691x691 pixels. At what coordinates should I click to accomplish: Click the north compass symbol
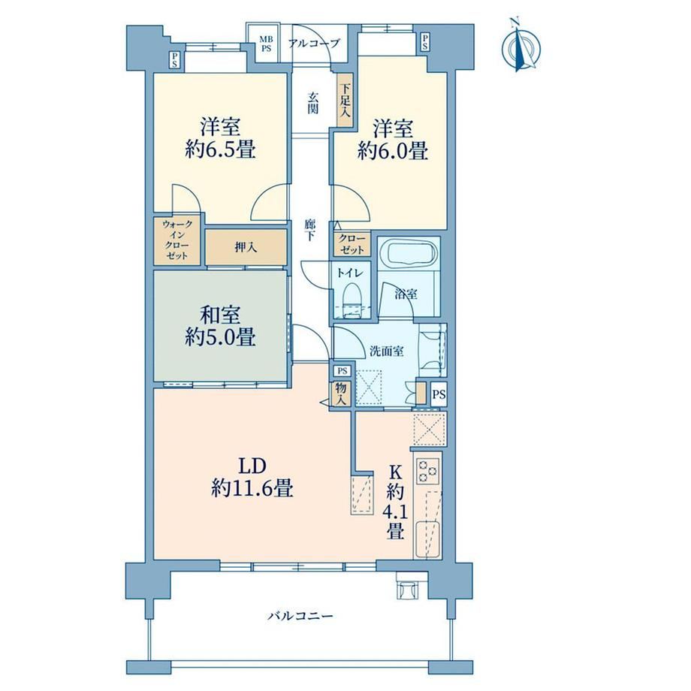(521, 45)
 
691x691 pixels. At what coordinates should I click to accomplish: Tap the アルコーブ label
(314, 44)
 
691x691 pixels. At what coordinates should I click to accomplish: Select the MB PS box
(266, 44)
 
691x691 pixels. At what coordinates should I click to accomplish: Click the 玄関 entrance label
(312, 103)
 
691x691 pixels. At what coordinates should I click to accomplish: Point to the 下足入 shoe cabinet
(345, 101)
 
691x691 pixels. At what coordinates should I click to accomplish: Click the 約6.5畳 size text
(220, 150)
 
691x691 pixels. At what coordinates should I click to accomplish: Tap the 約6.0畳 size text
(393, 151)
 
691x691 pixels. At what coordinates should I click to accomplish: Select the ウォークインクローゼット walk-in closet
(177, 240)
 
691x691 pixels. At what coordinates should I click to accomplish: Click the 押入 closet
(246, 247)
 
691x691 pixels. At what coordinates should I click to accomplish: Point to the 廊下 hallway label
(310, 230)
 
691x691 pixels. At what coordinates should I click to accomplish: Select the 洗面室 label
(386, 352)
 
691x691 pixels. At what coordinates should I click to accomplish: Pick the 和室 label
(220, 315)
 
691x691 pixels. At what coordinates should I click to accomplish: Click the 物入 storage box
(342, 394)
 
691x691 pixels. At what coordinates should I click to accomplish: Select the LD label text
(252, 466)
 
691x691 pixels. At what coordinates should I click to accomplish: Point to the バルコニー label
(300, 615)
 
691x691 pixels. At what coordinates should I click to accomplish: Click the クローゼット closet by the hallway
(352, 244)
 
